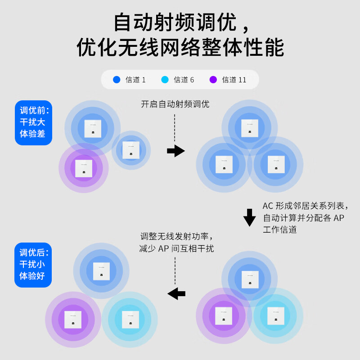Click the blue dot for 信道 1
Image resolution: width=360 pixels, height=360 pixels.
click(x=117, y=80)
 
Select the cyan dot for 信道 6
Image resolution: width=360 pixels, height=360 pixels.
click(x=165, y=80)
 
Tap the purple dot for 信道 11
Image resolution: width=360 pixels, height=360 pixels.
click(x=213, y=80)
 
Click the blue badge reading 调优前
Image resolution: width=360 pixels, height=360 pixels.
click(x=34, y=122)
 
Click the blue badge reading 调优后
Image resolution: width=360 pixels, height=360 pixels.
click(x=33, y=265)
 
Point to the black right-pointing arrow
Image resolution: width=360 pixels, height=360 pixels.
click(x=175, y=151)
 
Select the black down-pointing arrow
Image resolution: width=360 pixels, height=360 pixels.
click(x=249, y=217)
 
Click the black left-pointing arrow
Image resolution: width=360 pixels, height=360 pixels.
click(x=176, y=293)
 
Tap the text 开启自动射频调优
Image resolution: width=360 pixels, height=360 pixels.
click(x=175, y=104)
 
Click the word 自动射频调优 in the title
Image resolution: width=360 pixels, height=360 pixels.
click(x=175, y=22)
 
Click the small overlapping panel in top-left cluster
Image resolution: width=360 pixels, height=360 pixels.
click(x=131, y=150)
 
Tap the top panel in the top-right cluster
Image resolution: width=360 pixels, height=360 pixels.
click(x=250, y=128)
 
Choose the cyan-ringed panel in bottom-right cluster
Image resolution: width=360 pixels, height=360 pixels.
click(x=275, y=316)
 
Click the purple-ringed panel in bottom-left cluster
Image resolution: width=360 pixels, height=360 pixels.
click(x=73, y=319)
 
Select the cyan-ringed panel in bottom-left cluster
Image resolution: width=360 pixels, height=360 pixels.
click(x=130, y=319)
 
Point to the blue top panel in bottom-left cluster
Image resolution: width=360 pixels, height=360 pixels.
click(x=101, y=271)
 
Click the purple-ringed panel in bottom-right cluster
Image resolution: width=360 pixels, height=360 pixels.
click(x=224, y=316)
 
